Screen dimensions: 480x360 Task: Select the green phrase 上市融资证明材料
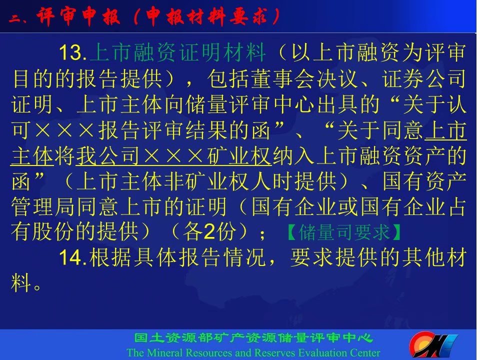tap(177, 52)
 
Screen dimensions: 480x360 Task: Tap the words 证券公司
tap(424, 78)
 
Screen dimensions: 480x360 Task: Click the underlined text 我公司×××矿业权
tap(173, 156)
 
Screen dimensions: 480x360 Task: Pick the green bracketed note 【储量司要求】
tap(344, 232)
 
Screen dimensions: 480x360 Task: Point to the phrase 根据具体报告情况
tap(177, 257)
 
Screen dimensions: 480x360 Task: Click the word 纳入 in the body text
tap(293, 156)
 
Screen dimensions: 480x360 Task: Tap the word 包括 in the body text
tap(228, 78)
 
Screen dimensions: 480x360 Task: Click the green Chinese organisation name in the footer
tap(253, 338)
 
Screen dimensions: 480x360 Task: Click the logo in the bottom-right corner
tap(433, 345)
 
